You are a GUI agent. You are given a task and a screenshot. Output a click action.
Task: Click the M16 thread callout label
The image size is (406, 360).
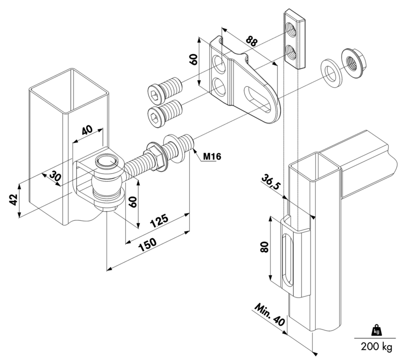[212, 156]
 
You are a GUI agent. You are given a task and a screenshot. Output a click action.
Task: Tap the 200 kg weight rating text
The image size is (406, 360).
[377, 346]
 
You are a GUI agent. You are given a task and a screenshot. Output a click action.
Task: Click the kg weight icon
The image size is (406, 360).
[376, 331]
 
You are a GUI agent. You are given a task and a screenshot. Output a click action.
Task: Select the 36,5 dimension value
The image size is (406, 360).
[271, 182]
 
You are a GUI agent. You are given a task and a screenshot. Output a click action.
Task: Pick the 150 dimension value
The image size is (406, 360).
[148, 245]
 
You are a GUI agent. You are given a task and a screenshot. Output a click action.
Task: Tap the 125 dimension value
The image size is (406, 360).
[159, 220]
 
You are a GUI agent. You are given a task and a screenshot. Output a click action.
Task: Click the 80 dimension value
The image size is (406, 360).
[264, 247]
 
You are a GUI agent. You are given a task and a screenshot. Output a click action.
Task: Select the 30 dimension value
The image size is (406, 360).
[55, 177]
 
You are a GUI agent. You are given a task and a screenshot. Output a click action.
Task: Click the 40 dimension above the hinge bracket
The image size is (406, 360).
[87, 130]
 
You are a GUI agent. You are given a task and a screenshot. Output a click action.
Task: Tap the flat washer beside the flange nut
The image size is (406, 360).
[331, 73]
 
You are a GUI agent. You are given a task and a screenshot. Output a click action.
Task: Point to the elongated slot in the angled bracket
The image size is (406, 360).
[257, 100]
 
